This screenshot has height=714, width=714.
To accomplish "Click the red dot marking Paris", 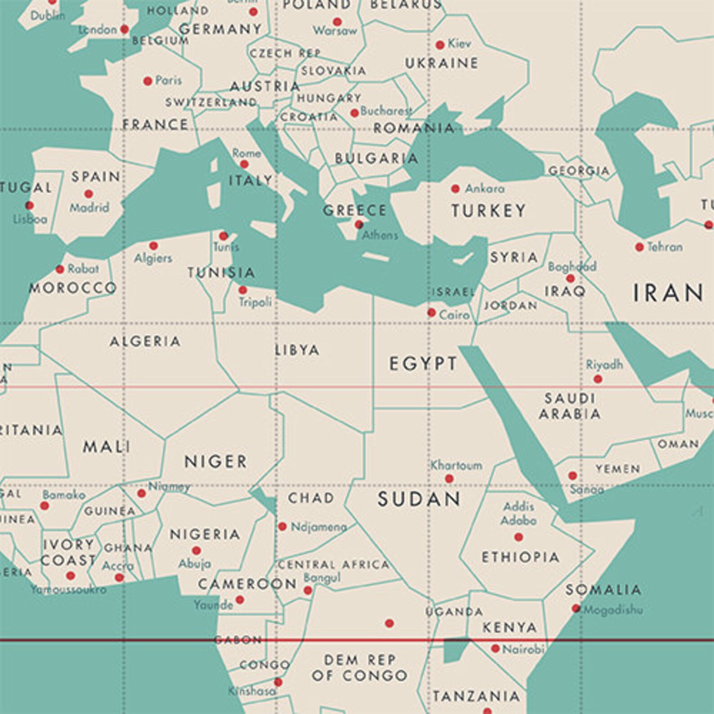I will coord(147,81).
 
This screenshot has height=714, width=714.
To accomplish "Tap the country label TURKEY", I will coord(488,210).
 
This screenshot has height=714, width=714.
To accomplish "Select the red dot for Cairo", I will coord(432,312).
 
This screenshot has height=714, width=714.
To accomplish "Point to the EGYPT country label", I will coord(423,363).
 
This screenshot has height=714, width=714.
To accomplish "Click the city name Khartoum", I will coord(456,465).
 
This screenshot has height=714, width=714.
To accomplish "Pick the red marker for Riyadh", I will coord(598,379).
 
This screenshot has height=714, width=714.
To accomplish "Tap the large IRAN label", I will coord(668,293).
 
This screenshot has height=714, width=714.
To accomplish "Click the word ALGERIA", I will coord(145,341).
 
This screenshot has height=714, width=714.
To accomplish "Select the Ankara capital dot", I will coord(455,188).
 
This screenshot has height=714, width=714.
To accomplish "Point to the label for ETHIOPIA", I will coord(521,557).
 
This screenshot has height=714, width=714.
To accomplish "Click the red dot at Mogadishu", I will coord(576,608).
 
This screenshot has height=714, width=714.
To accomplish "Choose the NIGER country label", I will coord(216,461).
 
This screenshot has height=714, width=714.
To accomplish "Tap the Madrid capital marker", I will coord(89,194).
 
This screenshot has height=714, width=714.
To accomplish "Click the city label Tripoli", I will coord(255,302).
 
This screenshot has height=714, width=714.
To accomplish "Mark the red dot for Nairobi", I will coord(495,648).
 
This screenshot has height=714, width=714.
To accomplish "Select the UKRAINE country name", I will coord(442,63).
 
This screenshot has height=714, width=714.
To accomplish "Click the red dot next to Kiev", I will coord(440,45).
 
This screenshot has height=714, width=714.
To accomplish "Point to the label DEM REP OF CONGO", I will coord(360,668).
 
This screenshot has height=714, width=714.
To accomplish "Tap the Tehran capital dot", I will coord(639,247).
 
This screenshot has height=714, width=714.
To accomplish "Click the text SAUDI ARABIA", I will coord(570,406).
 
